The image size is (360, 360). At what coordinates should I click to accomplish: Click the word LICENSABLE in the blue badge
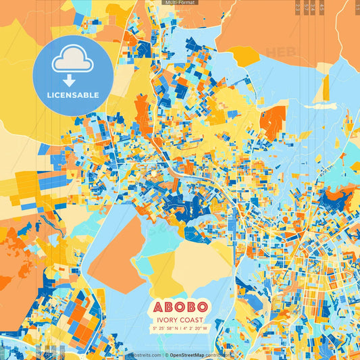pos(73,95)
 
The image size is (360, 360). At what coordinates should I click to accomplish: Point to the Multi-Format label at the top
pos(180,3)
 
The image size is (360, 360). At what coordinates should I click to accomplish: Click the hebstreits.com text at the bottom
pos(144,354)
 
